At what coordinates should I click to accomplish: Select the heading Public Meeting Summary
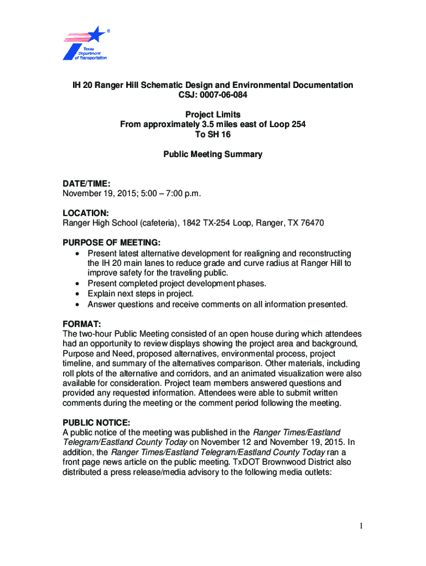coord(212,154)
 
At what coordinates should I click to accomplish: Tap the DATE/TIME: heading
coord(87,182)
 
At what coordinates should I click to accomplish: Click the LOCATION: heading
coord(86,213)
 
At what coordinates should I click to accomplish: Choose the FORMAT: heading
coord(81,323)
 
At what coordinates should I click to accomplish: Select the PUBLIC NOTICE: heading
coord(96,422)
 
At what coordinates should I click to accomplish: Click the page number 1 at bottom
coord(360,526)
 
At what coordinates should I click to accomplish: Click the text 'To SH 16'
coord(212,134)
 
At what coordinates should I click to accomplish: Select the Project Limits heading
coord(212,114)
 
